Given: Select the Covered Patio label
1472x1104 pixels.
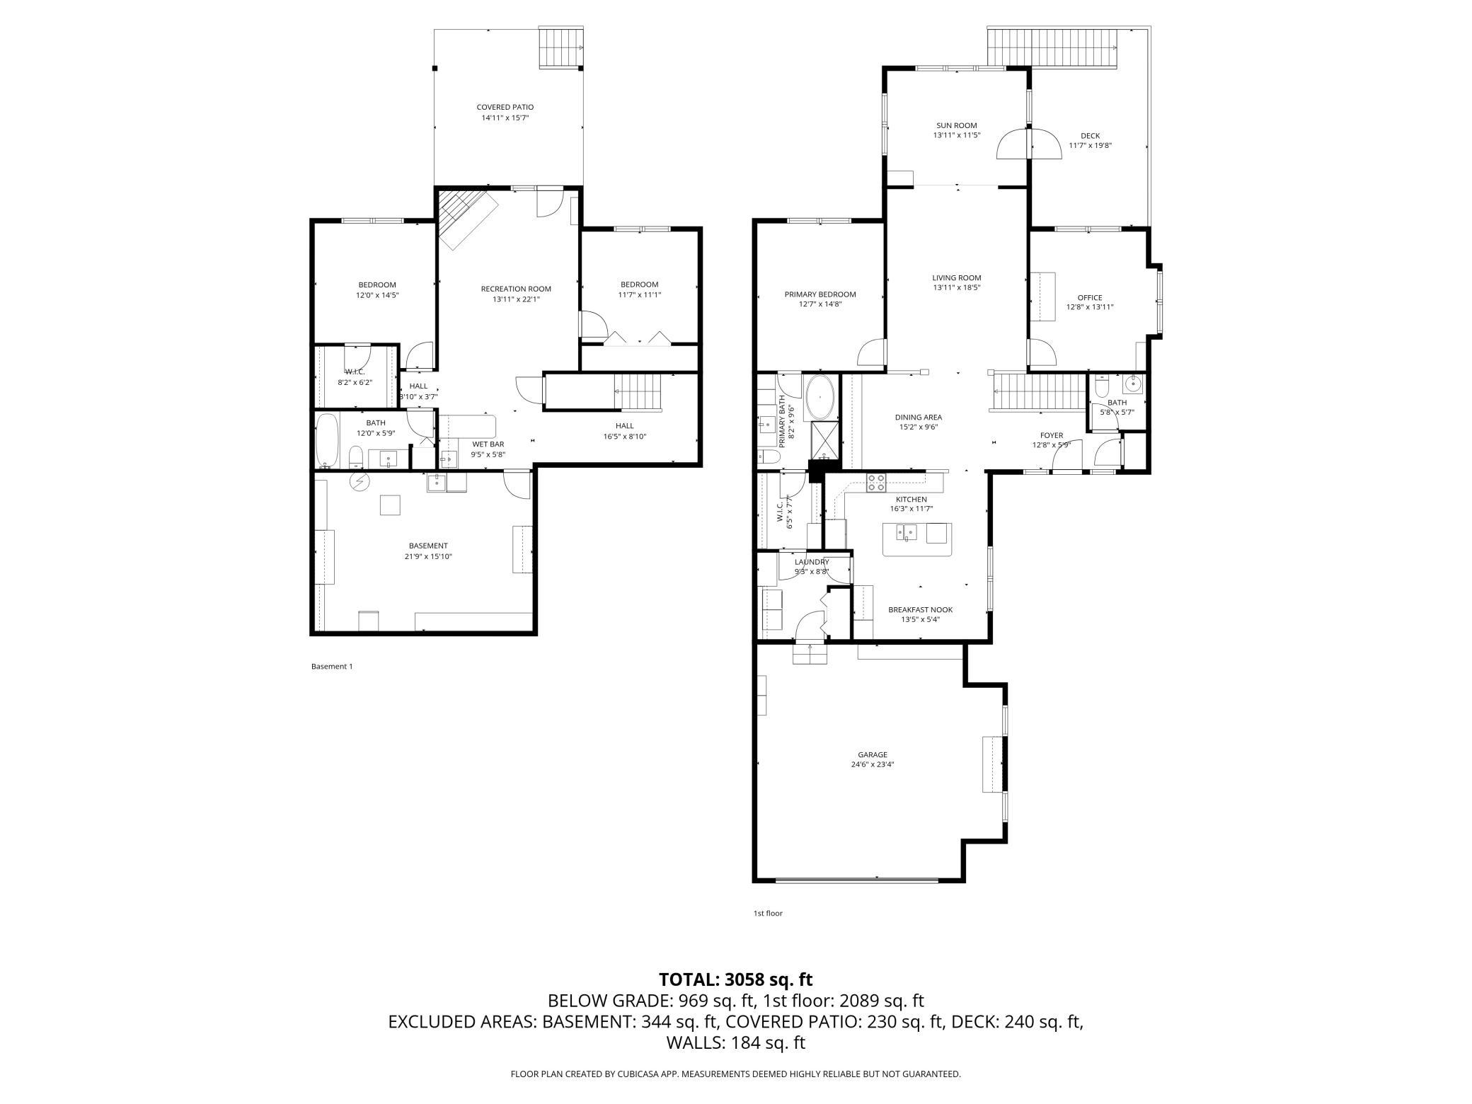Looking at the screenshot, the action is point(505,107).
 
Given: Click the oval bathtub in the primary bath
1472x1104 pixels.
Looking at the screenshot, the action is point(821,394).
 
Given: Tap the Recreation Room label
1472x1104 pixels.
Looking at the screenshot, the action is point(516,289).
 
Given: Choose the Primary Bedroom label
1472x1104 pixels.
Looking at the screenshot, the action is point(820,294).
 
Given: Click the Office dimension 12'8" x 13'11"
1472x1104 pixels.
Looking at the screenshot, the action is point(1090,307).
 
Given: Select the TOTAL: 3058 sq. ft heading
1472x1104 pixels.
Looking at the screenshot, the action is point(735,979).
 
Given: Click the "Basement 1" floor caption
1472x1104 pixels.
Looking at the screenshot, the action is point(332,666).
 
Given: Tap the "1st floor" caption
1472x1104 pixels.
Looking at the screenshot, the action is point(768,913).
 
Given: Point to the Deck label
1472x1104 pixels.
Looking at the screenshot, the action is point(1090,136).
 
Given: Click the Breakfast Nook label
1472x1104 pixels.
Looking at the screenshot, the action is point(921,609).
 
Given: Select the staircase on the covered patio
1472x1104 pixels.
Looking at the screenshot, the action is point(562,47).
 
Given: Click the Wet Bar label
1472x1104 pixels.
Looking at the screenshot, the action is point(488,444).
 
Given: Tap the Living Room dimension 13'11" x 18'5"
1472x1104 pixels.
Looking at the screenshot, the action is point(957,287).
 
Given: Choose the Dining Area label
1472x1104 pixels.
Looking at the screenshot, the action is point(919,418).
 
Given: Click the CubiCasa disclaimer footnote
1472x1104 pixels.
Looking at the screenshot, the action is point(736,1074).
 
